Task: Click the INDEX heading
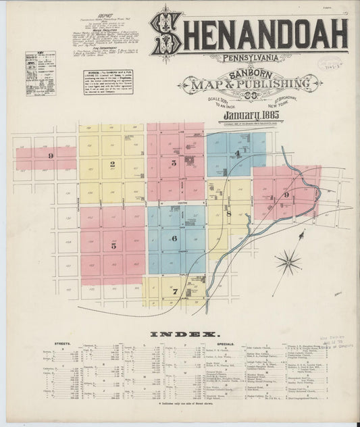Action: [x=180, y=334]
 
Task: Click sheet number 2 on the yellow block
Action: [x=113, y=164]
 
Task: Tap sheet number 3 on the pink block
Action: [x=174, y=163]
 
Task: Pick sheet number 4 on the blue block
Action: [x=238, y=154]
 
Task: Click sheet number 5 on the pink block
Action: [x=113, y=246]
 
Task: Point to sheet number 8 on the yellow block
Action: [x=228, y=214]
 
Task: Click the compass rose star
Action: [x=288, y=260]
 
